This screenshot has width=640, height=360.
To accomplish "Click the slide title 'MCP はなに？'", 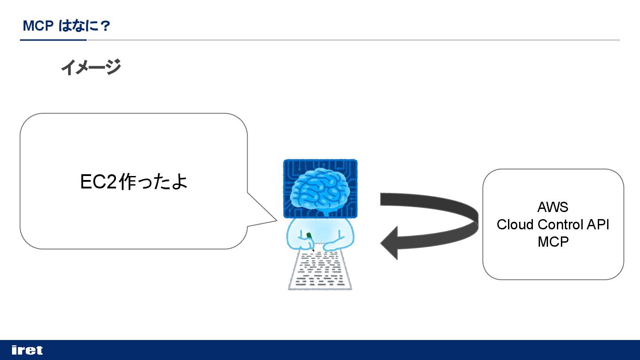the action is coord(66,26).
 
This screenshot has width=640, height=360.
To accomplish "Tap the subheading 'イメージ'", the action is coord(91,68).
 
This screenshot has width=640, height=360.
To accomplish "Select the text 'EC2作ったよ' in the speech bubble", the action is coord(134,181).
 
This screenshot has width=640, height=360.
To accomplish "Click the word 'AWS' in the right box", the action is coord(553,207).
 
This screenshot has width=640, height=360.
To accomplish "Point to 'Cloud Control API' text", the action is coord(553,224).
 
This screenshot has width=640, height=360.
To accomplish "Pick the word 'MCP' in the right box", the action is coord(553,242).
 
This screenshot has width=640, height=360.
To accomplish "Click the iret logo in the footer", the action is coord(27,350).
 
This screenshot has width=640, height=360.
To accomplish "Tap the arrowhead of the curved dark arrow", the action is coord(390,243).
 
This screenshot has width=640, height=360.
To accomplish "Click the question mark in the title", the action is coord(105,26).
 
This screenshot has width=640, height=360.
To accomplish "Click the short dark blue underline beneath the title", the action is coord(53,40).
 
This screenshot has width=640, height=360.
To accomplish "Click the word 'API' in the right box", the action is coord(598,224).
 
